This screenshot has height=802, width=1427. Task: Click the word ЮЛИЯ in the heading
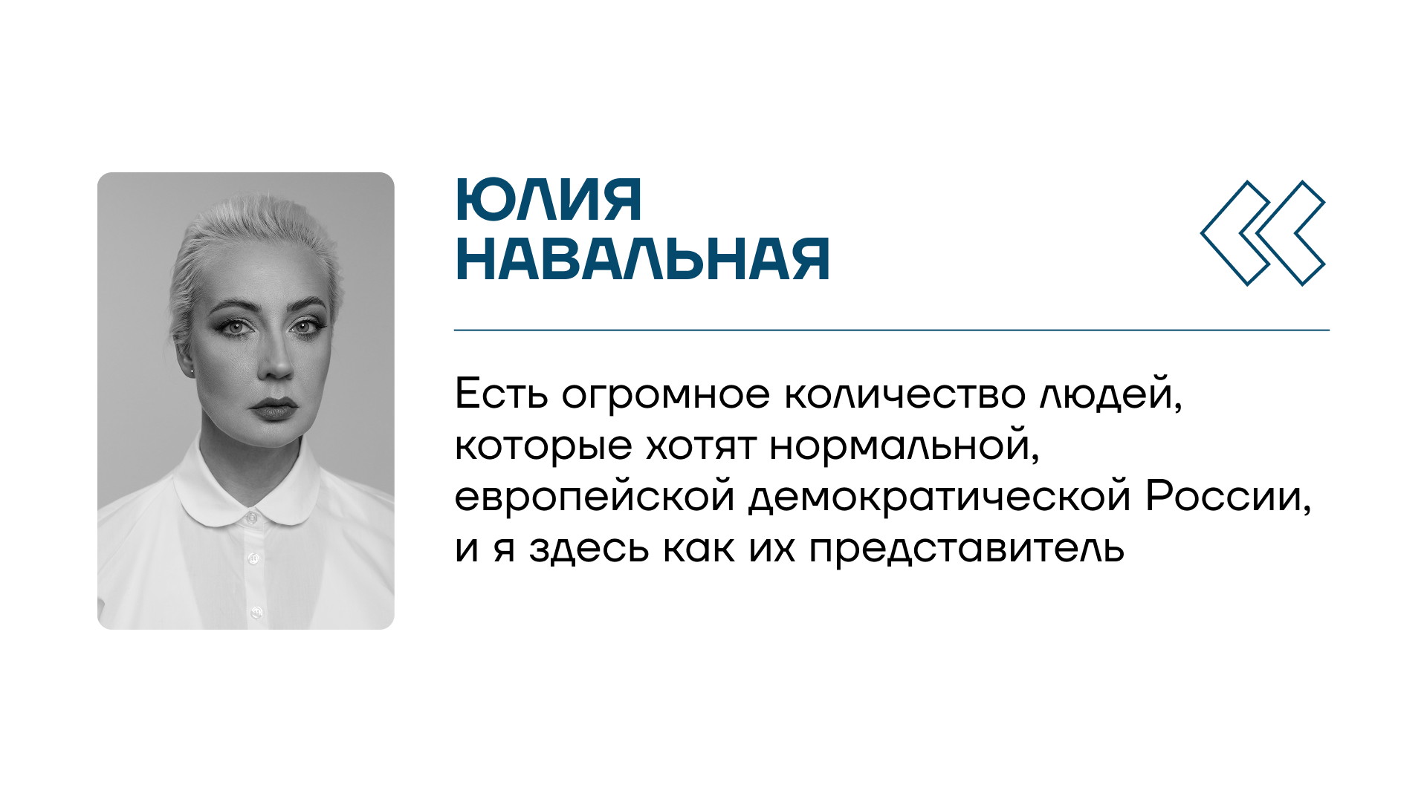[x=549, y=200]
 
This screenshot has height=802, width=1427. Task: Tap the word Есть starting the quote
[x=502, y=394]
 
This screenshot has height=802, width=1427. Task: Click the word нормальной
[x=905, y=446]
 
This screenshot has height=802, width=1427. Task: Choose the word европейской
[x=595, y=498]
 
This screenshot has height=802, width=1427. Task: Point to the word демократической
[x=939, y=498]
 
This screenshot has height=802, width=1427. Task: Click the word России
[x=1229, y=498]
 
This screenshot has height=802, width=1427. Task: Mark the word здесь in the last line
[x=589, y=550]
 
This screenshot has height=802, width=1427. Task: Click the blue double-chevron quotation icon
[x=1263, y=233]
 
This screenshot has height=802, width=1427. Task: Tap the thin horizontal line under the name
[x=892, y=330]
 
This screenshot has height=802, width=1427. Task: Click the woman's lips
[x=274, y=409]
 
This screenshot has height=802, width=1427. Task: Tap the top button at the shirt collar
[x=252, y=515]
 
